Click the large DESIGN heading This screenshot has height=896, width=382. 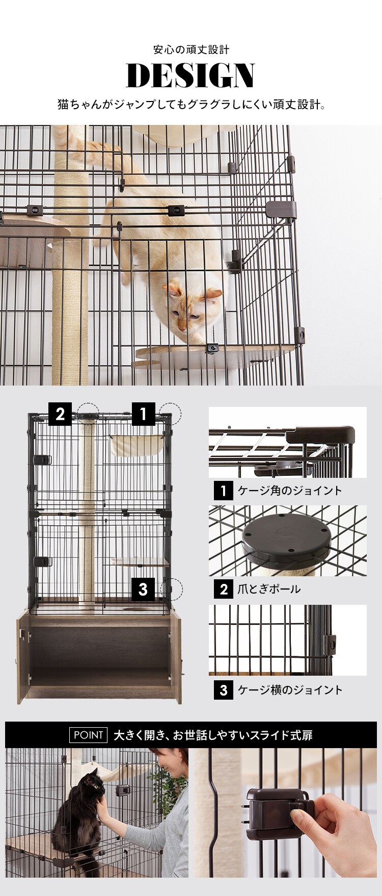(x=190, y=76)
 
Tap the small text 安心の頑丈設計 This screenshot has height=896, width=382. (x=191, y=49)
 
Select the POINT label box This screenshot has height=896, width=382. (x=88, y=735)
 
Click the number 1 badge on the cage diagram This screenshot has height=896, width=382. (x=143, y=414)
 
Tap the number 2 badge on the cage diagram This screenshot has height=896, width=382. (x=60, y=414)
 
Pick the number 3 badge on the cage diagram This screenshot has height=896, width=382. (x=143, y=589)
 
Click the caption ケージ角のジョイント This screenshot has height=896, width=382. (x=289, y=491)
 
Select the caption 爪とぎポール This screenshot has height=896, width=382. (x=269, y=589)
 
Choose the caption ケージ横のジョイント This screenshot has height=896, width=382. (x=290, y=690)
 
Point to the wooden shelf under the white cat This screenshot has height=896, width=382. (x=214, y=355)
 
